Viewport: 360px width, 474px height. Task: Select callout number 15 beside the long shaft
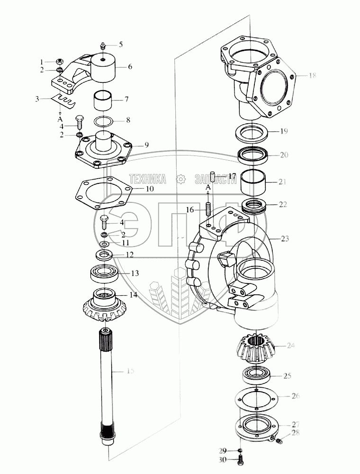[x=130, y=371]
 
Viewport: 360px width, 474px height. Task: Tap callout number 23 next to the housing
[x=284, y=238]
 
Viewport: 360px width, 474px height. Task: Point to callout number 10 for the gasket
[x=149, y=189]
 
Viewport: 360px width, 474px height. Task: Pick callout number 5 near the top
[x=120, y=45]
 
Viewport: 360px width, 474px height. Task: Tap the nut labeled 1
[x=60, y=61]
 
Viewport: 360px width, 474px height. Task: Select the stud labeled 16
[x=207, y=209]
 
